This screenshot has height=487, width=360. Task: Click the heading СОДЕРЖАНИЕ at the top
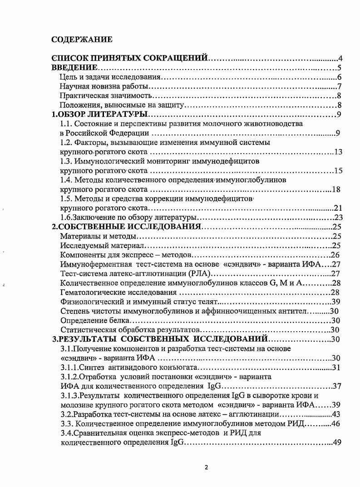tap(82, 40)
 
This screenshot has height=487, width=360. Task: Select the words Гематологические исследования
tap(118, 292)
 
